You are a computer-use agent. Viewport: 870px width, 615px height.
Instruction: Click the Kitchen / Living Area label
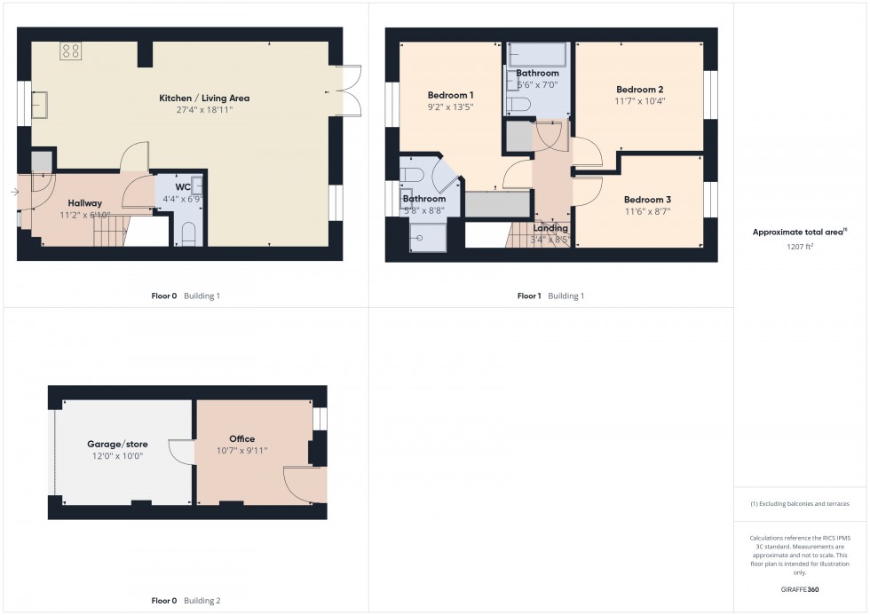(204, 98)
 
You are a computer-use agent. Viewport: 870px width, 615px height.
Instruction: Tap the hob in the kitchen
(71, 51)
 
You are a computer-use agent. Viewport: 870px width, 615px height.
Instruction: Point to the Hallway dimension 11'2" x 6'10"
(85, 215)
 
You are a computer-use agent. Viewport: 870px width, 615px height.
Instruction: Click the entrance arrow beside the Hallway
(15, 192)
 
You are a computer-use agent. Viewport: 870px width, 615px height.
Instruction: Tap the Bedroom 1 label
(450, 95)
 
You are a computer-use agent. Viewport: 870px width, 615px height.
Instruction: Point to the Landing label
(550, 228)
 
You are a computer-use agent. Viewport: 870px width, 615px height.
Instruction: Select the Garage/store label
(117, 444)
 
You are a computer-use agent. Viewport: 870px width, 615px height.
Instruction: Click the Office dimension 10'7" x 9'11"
(241, 451)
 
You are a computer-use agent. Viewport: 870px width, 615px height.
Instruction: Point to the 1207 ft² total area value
(801, 246)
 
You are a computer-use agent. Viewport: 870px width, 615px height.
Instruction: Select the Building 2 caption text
(202, 601)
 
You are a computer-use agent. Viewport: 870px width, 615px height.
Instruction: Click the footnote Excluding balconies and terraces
(800, 503)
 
